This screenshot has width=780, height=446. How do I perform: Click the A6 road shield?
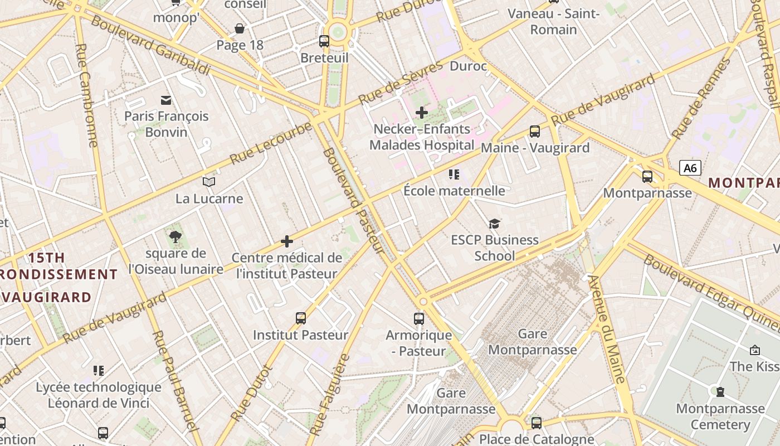tap(690, 168)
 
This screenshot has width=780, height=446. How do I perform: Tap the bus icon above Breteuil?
tap(324, 41)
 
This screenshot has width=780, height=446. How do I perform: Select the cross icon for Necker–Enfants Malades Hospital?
tap(422, 113)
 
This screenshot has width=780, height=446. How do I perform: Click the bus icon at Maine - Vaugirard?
tap(534, 132)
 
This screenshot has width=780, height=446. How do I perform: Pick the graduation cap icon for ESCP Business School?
tap(494, 224)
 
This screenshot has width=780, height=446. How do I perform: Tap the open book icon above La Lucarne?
tap(209, 182)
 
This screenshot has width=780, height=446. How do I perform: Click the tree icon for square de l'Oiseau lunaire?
tap(175, 237)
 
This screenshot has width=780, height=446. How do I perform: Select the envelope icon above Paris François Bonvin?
tap(166, 100)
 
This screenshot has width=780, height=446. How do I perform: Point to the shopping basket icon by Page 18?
tap(240, 28)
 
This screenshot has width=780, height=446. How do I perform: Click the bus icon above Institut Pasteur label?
tap(301, 318)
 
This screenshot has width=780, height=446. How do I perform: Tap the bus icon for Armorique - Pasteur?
tap(419, 319)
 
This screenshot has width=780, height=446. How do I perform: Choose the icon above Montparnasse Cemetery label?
tap(720, 392)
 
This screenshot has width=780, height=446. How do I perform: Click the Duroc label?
tap(468, 66)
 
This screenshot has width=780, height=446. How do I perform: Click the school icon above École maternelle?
tap(454, 174)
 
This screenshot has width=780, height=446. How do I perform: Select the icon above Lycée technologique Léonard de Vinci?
tap(99, 371)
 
